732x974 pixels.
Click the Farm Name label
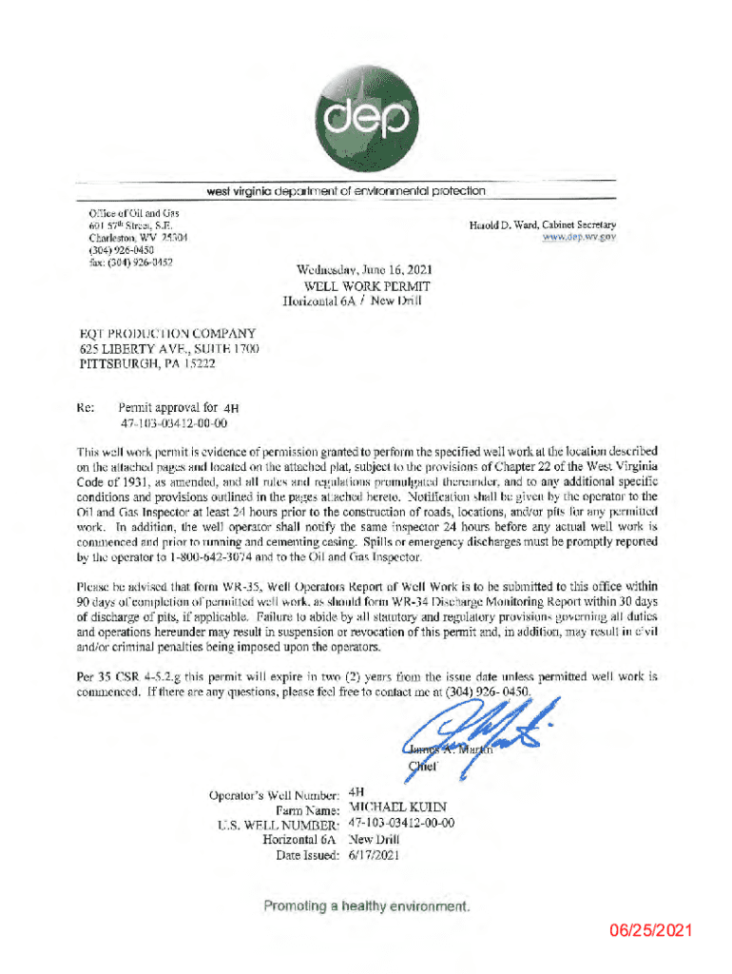pos(308,809)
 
